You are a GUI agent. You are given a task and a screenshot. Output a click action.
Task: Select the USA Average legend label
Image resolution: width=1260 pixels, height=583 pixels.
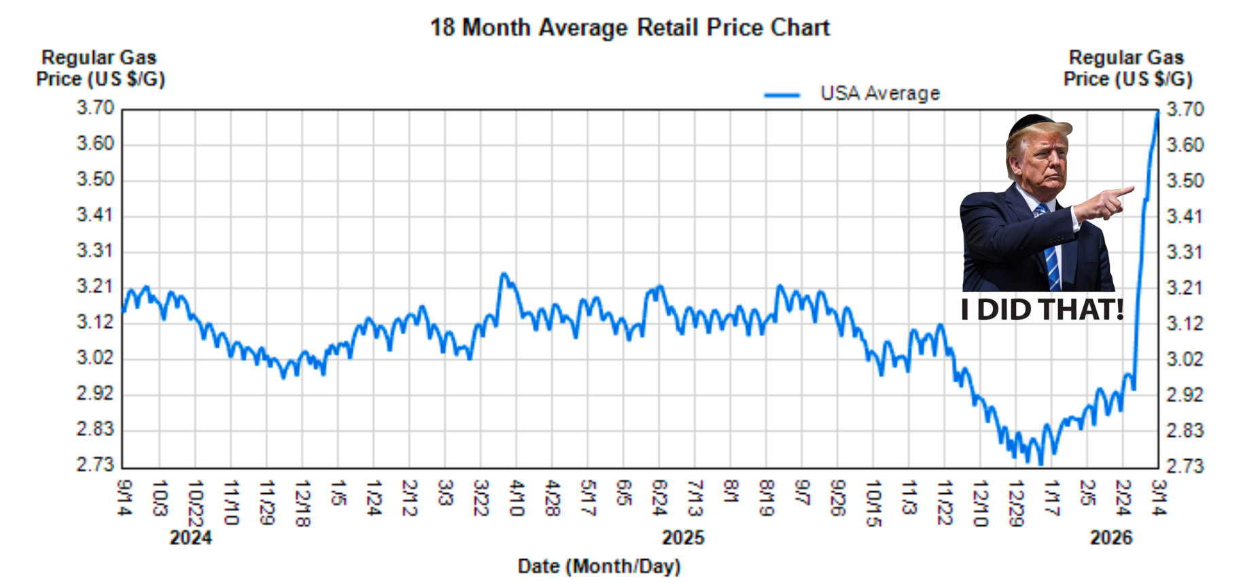(x=880, y=93)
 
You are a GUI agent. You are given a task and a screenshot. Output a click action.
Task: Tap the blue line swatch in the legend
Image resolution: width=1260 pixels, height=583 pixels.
(x=782, y=95)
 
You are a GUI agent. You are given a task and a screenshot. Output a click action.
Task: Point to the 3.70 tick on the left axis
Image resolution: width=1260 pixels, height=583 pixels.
(x=95, y=108)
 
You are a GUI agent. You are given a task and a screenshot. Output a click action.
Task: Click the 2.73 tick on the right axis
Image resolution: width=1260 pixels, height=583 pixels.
(x=1185, y=466)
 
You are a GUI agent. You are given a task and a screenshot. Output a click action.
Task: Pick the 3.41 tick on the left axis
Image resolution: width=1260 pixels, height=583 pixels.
(x=95, y=215)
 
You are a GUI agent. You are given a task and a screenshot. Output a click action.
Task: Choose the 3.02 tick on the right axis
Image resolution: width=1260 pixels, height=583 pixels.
(x=1185, y=359)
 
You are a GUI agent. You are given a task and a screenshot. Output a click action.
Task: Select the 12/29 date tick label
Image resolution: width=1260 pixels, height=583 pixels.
(x=1015, y=503)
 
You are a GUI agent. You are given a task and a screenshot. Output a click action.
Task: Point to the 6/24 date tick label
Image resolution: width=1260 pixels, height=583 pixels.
(x=659, y=497)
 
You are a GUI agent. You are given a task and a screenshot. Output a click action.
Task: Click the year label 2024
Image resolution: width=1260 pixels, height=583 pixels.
(x=190, y=538)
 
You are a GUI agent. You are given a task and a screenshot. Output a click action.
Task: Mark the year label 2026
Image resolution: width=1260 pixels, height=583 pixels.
(x=1111, y=538)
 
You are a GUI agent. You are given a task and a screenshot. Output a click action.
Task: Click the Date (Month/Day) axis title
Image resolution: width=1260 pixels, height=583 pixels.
(x=599, y=566)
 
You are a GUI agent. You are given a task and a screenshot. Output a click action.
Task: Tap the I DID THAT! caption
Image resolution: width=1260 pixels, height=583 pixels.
(x=1042, y=310)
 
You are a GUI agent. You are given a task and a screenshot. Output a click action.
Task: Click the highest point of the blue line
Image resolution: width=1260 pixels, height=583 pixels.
(x=1157, y=112)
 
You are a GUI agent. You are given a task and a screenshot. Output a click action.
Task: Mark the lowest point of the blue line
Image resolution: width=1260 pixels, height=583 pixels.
(x=1040, y=464)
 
